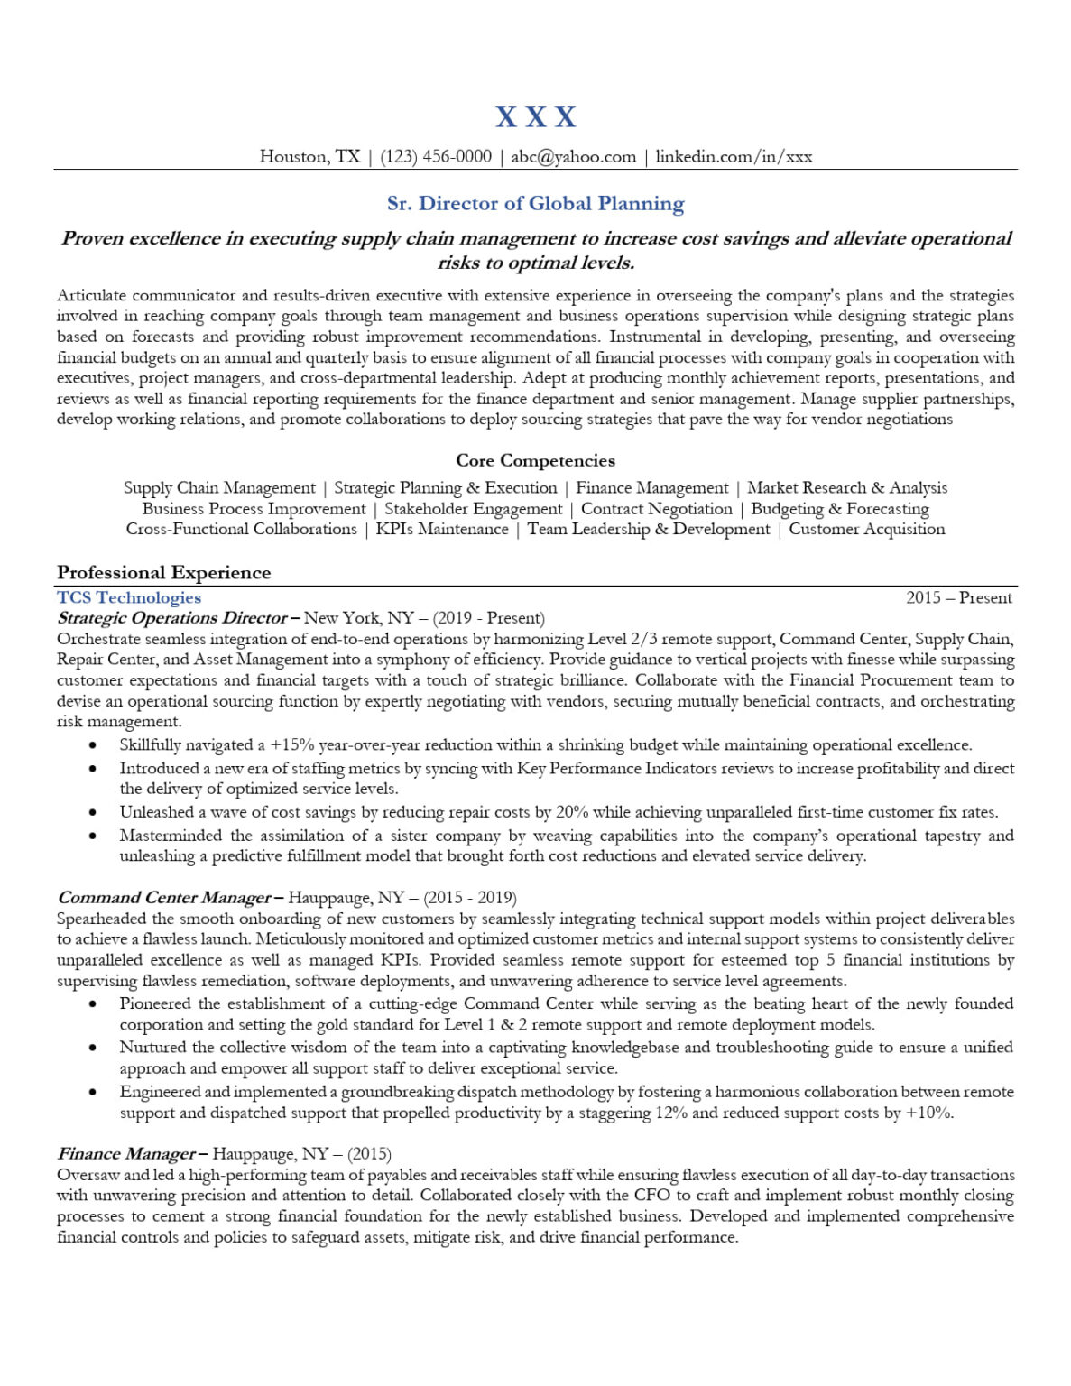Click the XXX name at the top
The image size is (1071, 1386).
pos(535,117)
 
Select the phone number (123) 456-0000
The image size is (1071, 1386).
pos(436,157)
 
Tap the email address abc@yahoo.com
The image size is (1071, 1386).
pos(573,157)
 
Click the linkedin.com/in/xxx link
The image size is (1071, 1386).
pos(734,157)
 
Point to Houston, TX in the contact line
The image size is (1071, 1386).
pos(309,157)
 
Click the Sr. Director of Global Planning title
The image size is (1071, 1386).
pos(535,204)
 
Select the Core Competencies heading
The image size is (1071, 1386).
pos(535,461)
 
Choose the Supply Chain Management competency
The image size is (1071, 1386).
pos(219,488)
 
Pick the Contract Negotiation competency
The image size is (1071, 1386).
pos(656,509)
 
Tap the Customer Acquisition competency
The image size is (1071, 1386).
pos(866,530)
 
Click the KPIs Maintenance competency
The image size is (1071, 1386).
pos(442,530)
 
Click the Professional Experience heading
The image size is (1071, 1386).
pos(163,573)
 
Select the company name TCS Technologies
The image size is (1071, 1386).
pos(129,598)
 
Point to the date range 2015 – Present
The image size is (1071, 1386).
pos(959,598)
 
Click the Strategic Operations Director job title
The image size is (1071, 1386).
pos(172,619)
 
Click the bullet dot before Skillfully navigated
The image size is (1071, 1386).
pos(93,745)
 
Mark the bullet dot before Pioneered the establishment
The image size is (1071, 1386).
pos(93,1004)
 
